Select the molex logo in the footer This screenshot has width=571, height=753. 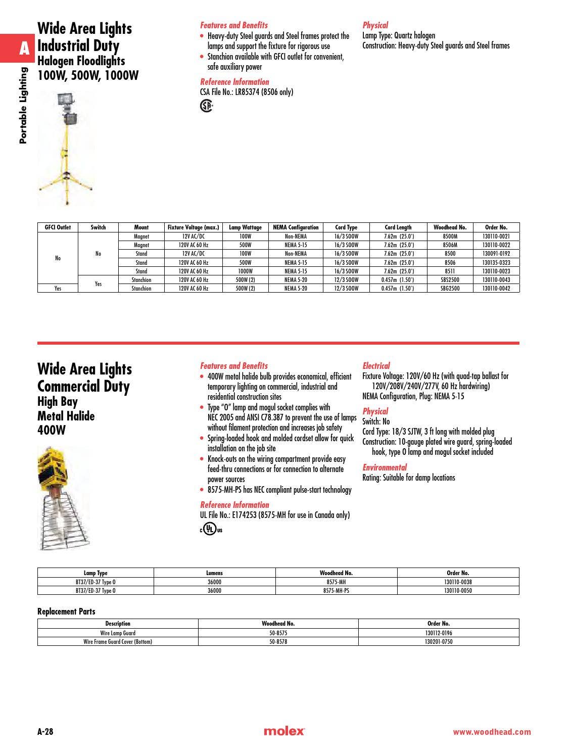[x=284, y=731]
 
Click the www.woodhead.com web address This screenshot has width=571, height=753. [x=492, y=732]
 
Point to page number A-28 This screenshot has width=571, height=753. [x=45, y=731]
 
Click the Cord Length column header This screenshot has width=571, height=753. [x=398, y=227]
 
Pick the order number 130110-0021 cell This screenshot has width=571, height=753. [x=496, y=237]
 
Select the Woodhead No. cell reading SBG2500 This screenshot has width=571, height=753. [x=450, y=289]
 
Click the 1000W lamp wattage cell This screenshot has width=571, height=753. [x=245, y=271]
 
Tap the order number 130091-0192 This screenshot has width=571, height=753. [x=496, y=254]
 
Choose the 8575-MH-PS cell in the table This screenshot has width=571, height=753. [x=336, y=590]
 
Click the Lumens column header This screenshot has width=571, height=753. [x=214, y=573]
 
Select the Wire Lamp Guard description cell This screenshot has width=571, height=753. [x=118, y=633]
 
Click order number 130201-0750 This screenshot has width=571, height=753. [x=438, y=642]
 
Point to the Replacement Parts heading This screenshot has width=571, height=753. [x=66, y=611]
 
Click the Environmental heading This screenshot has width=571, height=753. [x=385, y=467]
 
